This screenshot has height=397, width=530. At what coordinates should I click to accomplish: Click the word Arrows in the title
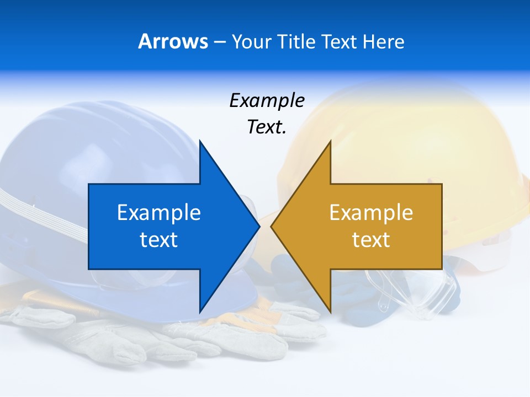[173, 41]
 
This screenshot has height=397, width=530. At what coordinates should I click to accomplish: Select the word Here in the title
[383, 41]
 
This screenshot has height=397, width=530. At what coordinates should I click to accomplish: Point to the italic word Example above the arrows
[267, 101]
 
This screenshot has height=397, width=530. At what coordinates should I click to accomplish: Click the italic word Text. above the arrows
[267, 127]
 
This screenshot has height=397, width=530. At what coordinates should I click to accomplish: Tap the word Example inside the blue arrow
[159, 213]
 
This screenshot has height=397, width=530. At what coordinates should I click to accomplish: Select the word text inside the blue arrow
[159, 240]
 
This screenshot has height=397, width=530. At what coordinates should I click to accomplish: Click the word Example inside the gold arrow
[371, 213]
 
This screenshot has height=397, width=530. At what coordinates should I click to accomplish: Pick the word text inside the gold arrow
[371, 240]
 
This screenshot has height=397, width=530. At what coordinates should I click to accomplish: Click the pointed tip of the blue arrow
[258, 226]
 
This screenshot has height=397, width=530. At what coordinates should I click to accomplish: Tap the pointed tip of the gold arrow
[272, 226]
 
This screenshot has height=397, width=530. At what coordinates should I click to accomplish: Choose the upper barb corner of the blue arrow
[200, 141]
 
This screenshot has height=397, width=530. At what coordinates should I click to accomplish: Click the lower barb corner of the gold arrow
[330, 312]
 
